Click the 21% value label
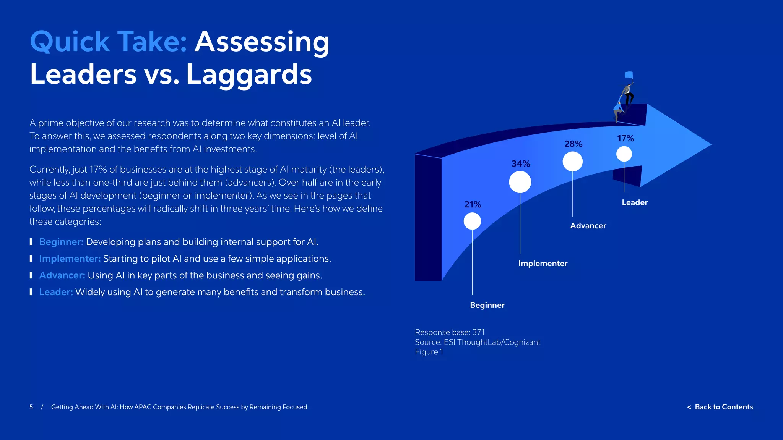pyautogui.click(x=473, y=205)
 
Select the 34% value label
pyautogui.click(x=521, y=164)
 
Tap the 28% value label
pyautogui.click(x=573, y=144)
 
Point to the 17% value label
pyautogui.click(x=625, y=139)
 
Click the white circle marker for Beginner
pyautogui.click(x=472, y=221)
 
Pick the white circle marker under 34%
pyautogui.click(x=520, y=182)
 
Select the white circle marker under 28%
pyautogui.click(x=572, y=162)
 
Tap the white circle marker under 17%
pyautogui.click(x=624, y=154)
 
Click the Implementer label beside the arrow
pyautogui.click(x=543, y=264)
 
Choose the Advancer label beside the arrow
pyautogui.click(x=588, y=226)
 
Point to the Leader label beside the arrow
pyautogui.click(x=634, y=203)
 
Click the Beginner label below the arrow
pyautogui.click(x=487, y=305)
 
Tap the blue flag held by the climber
pyautogui.click(x=629, y=75)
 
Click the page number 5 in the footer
pyautogui.click(x=31, y=407)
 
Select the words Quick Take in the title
pyautogui.click(x=109, y=42)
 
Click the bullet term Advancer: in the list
pyautogui.click(x=62, y=275)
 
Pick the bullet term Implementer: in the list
pyautogui.click(x=70, y=259)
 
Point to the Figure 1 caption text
pyautogui.click(x=429, y=352)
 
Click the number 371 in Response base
pyautogui.click(x=478, y=332)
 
